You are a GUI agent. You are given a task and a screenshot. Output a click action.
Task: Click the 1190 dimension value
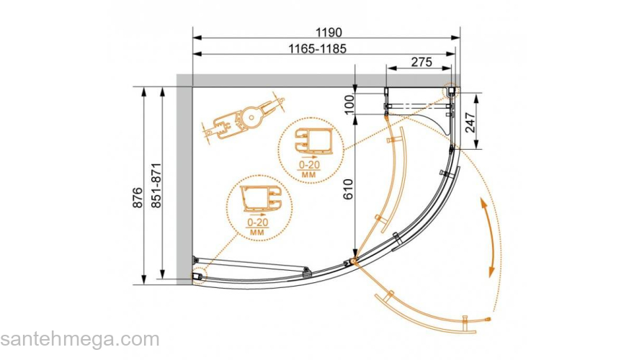(x=329, y=32)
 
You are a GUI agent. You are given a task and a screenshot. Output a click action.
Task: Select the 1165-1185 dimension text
(x=318, y=49)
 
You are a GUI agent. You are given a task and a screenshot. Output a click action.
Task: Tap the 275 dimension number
(x=421, y=62)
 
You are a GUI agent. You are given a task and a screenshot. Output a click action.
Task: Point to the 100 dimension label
(x=349, y=104)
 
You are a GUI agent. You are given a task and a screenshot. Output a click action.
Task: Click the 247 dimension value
(x=470, y=122)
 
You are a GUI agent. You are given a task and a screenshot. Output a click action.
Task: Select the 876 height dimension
(x=138, y=197)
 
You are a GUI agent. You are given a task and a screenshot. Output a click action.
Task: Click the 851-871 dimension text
(x=156, y=186)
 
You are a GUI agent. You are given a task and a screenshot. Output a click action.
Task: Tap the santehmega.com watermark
(x=80, y=340)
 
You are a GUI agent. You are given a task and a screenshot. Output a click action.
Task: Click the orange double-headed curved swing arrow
(x=491, y=237)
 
